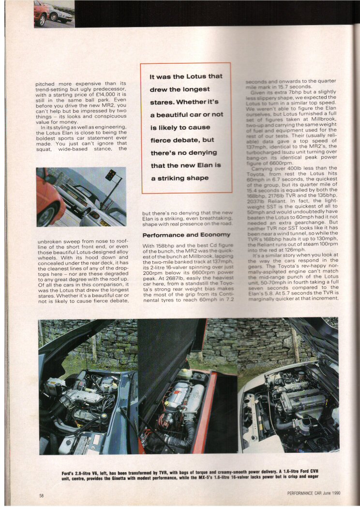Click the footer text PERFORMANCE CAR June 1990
(x=313, y=493)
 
